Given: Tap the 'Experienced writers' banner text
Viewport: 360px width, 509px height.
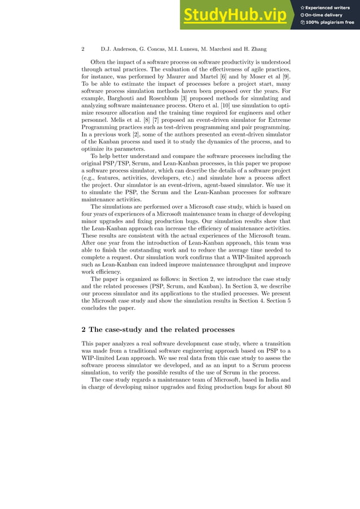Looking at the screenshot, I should pos(328,7).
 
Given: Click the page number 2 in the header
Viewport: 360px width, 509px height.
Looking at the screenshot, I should pos(83,49).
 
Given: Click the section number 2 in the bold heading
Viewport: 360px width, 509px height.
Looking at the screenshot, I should pos(84,329).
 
